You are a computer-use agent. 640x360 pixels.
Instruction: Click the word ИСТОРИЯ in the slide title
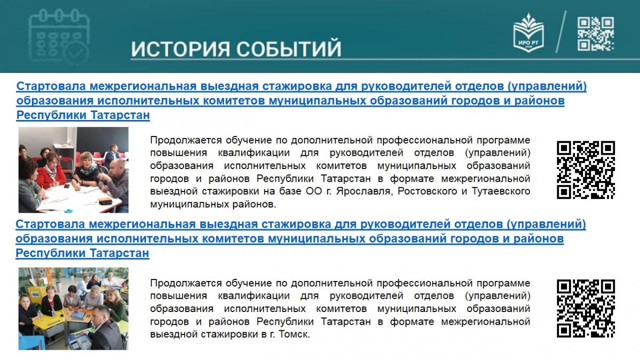180,49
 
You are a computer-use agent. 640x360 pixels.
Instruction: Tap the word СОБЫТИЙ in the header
289,49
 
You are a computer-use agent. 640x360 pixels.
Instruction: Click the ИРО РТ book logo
529,33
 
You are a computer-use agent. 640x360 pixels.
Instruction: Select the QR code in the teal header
595,34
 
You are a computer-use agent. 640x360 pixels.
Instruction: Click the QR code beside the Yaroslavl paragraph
586,170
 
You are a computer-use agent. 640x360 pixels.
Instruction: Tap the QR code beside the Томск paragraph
586,308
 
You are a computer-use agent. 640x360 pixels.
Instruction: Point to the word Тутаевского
501,191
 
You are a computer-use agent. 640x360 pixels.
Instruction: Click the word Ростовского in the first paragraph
427,191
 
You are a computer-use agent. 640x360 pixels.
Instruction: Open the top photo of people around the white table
74,170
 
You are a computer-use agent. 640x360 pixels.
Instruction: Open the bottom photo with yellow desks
74,309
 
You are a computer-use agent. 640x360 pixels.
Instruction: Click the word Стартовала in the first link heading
51,86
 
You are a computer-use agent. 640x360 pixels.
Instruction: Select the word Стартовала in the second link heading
50,224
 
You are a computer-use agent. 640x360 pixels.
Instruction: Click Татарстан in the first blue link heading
120,115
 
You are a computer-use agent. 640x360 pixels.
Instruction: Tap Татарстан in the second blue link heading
119,253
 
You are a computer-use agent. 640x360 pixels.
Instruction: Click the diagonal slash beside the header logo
561,32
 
